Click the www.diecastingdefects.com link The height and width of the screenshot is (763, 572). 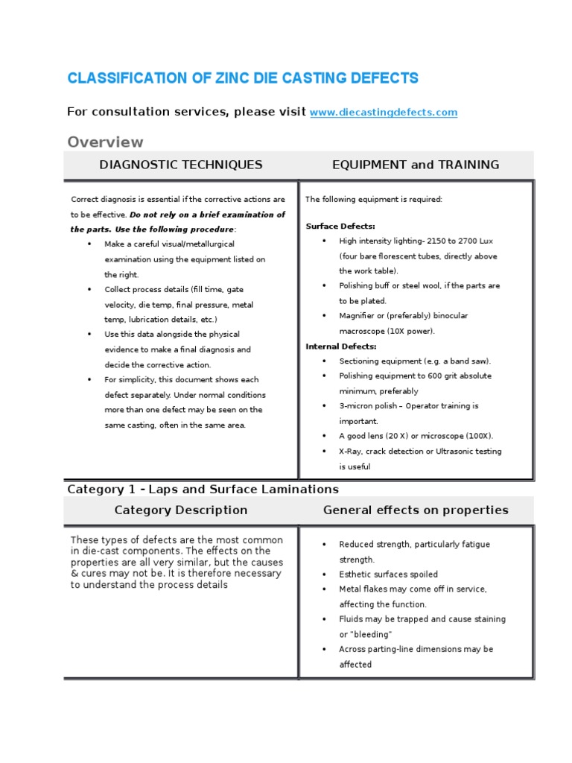[383, 113]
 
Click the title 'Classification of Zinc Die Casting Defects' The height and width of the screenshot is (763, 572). [243, 78]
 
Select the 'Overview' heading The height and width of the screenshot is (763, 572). [105, 142]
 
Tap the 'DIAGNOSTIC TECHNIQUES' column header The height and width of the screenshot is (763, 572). [181, 165]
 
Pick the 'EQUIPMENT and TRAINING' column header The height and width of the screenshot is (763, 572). [416, 165]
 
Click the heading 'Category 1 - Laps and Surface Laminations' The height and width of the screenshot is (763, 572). [203, 490]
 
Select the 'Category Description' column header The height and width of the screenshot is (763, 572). [181, 510]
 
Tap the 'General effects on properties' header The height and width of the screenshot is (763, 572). [416, 510]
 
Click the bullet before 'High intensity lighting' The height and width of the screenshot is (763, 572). [324, 241]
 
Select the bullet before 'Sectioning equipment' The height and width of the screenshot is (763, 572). [324, 361]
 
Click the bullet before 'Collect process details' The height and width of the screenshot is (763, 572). [89, 289]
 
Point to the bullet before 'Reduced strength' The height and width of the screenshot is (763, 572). [324, 545]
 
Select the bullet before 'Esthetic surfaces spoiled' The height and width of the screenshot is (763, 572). [324, 574]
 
